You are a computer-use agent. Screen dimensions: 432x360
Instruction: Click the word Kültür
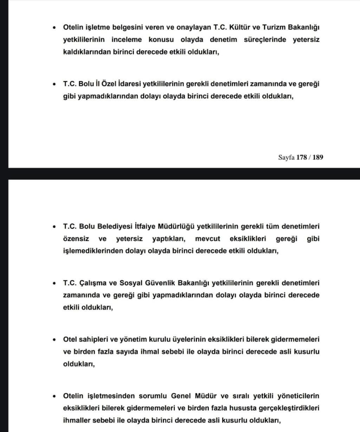coord(229,28)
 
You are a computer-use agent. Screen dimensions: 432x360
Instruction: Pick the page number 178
coord(302,157)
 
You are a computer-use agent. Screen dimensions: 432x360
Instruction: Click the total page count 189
coord(318,157)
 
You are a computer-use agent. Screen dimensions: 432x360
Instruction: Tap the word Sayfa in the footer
coord(286,157)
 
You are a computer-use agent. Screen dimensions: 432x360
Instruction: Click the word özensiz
coord(77,238)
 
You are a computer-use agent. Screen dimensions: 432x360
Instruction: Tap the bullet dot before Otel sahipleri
coord(54,339)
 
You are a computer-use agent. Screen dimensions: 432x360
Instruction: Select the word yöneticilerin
coord(297,396)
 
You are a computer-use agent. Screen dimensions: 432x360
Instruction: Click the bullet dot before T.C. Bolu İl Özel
coord(54,84)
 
